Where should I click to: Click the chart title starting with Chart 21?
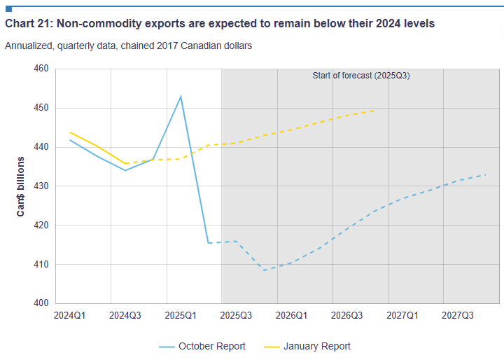point(220,24)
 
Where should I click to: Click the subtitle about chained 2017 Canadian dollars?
point(128,46)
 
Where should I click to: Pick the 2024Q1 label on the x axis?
point(69,316)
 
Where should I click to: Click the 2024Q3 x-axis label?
point(125,316)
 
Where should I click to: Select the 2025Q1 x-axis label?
point(181,316)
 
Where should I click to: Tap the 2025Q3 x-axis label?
point(236,316)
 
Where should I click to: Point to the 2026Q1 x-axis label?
point(291,316)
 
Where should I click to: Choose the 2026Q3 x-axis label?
point(346,316)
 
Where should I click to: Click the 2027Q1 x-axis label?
point(402,316)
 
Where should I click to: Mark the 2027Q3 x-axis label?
point(458,316)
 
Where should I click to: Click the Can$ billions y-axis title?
point(22,186)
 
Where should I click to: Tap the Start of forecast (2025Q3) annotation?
point(360,76)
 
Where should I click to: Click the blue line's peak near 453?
point(181,97)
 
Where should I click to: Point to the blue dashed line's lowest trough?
point(264,270)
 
